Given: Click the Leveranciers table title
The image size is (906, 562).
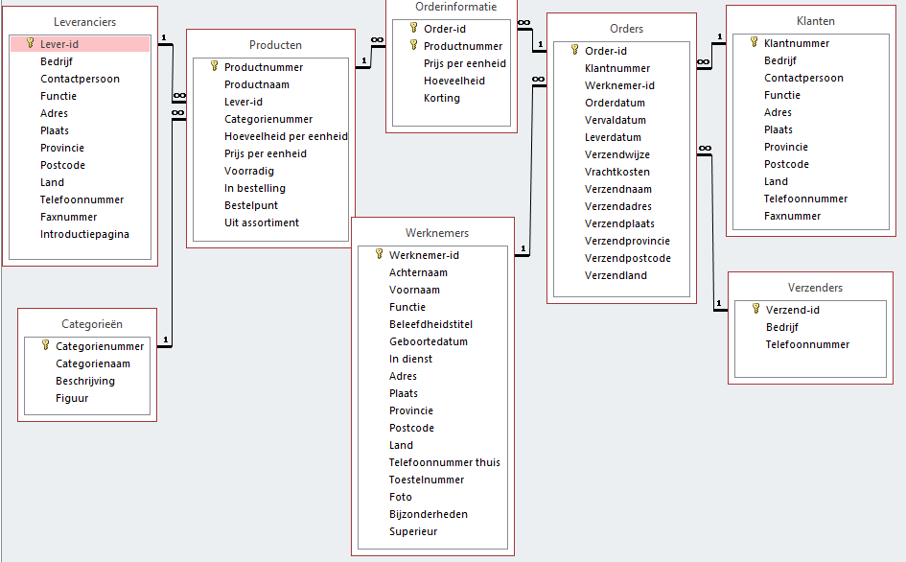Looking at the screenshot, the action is tap(85, 22).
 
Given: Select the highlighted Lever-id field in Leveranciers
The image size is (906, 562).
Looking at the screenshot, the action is tap(59, 44).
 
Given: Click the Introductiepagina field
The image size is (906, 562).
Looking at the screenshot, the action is tap(84, 234).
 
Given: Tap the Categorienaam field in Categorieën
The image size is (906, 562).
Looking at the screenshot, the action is tap(92, 363).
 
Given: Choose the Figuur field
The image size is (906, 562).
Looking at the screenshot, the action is tap(72, 398).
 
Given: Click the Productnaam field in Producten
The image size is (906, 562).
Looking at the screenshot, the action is tap(257, 84).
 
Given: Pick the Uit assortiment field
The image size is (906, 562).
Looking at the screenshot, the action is tap(261, 222).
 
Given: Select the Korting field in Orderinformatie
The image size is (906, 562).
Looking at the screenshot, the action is tap(441, 98).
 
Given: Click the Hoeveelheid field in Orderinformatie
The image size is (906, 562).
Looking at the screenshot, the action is tap(454, 81).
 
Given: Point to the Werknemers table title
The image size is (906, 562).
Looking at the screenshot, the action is tap(437, 233).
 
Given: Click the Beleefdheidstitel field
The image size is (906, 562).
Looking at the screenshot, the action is tap(430, 324).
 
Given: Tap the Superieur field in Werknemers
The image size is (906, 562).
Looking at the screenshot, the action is tap(413, 531).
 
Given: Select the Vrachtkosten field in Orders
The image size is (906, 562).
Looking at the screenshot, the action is tap(617, 172).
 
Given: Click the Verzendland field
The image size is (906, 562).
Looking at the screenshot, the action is tap(616, 275).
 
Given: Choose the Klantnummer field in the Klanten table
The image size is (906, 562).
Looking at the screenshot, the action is tap(796, 43).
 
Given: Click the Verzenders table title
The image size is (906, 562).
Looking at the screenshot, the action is tap(815, 288).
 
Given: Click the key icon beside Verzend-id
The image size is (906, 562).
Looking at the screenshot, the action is tap(755, 309).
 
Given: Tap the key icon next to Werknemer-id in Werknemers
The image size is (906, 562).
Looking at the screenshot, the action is tap(379, 254).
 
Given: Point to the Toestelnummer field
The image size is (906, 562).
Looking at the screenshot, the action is tap(427, 480).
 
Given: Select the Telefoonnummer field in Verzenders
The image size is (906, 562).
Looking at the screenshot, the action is tap(807, 344).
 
